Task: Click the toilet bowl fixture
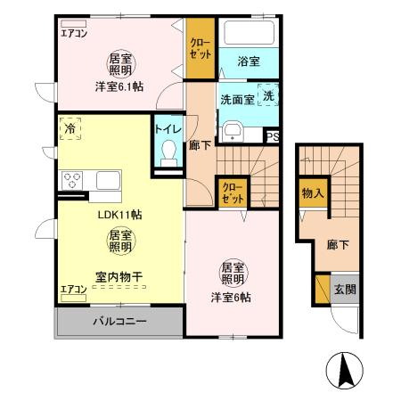pyautogui.click(x=167, y=154)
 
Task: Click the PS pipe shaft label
pyautogui.click(x=273, y=136)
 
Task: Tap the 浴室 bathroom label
pyautogui.click(x=249, y=61)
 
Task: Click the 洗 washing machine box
pyautogui.click(x=269, y=95)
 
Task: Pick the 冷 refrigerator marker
pyautogui.click(x=70, y=129)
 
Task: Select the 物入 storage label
pyautogui.click(x=311, y=192)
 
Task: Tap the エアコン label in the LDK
pyautogui.click(x=73, y=289)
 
